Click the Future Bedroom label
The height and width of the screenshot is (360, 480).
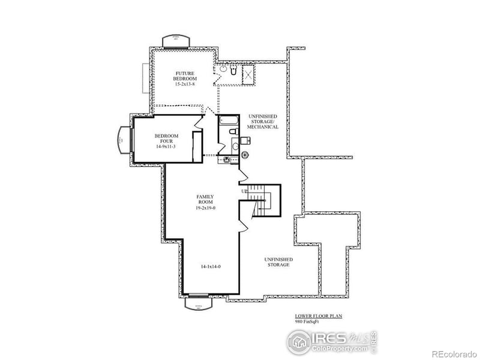[x=185, y=76]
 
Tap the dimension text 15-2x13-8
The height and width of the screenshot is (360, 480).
[x=185, y=85]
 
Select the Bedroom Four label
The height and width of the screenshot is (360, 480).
[x=166, y=139]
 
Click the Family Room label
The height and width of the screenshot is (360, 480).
[x=206, y=199]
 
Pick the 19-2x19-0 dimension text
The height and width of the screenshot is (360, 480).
[x=206, y=208]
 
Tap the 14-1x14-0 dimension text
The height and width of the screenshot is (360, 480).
[x=211, y=265]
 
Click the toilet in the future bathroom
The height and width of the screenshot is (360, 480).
[x=223, y=70]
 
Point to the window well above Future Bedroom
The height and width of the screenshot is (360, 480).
[x=176, y=41]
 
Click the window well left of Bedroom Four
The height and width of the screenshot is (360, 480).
[x=122, y=140]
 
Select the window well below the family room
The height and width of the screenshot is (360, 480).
[x=197, y=303]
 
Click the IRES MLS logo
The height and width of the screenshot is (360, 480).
[x=332, y=341]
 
